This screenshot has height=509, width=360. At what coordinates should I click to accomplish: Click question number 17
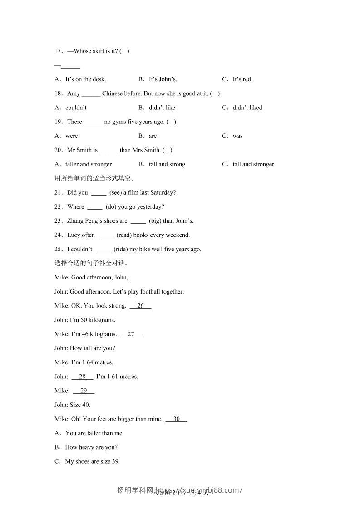coord(58,51)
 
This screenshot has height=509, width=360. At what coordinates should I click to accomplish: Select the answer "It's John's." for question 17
coord(163,79)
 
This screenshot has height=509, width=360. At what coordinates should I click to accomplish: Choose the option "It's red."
coord(242,79)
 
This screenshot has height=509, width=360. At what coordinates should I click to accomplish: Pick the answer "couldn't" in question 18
coord(76,108)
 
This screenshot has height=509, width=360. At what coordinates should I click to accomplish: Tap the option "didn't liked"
coord(247,108)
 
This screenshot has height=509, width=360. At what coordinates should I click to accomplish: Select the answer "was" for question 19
coord(238,136)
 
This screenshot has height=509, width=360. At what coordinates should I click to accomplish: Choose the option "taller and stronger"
coord(89,164)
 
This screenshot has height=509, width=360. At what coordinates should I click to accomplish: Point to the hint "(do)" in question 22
coord(111,207)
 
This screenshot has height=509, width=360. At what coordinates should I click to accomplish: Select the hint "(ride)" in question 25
coord(120,249)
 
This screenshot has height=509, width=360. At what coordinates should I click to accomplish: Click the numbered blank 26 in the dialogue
coord(140,306)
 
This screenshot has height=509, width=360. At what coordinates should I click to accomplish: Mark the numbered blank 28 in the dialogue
coord(82,377)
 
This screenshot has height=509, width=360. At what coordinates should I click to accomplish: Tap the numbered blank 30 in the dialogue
coord(177,419)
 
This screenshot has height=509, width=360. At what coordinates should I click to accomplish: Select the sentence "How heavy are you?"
coord(91,447)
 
